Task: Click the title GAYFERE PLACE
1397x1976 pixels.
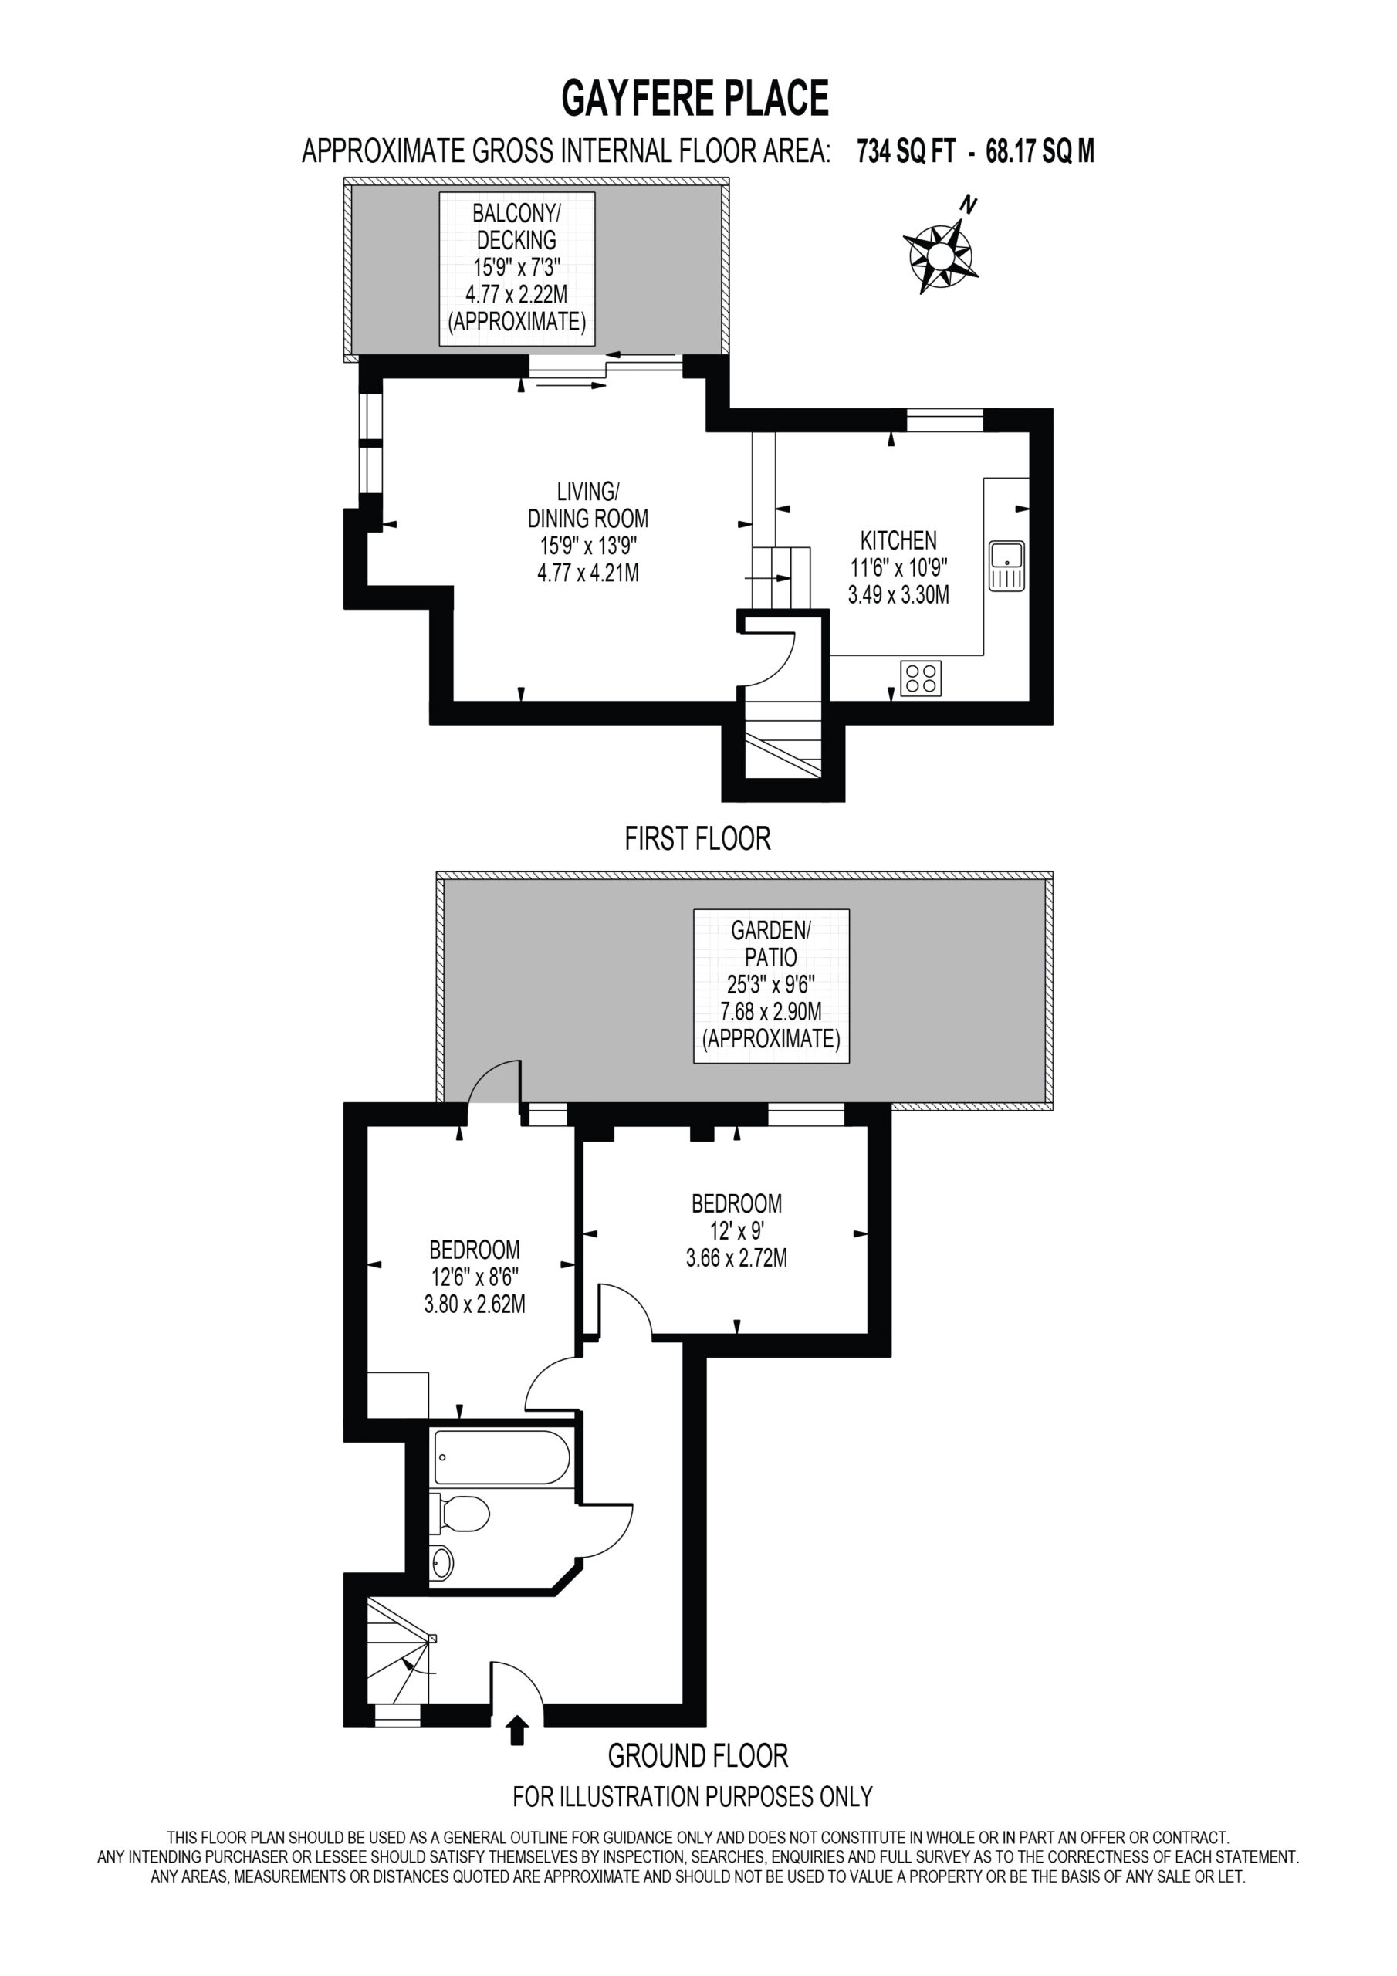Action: point(695,97)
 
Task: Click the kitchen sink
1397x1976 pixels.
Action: point(1006,566)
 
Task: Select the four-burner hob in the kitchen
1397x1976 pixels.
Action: point(921,678)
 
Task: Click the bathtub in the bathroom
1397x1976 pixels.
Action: point(502,1457)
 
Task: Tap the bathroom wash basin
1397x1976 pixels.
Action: point(441,1563)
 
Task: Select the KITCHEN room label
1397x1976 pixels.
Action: point(898,540)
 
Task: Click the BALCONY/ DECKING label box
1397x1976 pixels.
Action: point(516,269)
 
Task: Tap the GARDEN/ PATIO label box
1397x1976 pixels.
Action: point(771,986)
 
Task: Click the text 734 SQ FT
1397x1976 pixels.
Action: point(905,152)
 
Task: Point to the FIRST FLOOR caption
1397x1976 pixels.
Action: point(697,838)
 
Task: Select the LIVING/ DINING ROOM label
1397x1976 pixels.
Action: point(588,505)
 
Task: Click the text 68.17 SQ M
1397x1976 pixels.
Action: point(1040,152)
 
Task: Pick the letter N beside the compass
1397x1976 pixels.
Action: point(969,205)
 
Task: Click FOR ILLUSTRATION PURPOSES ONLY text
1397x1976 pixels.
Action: point(693,1797)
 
